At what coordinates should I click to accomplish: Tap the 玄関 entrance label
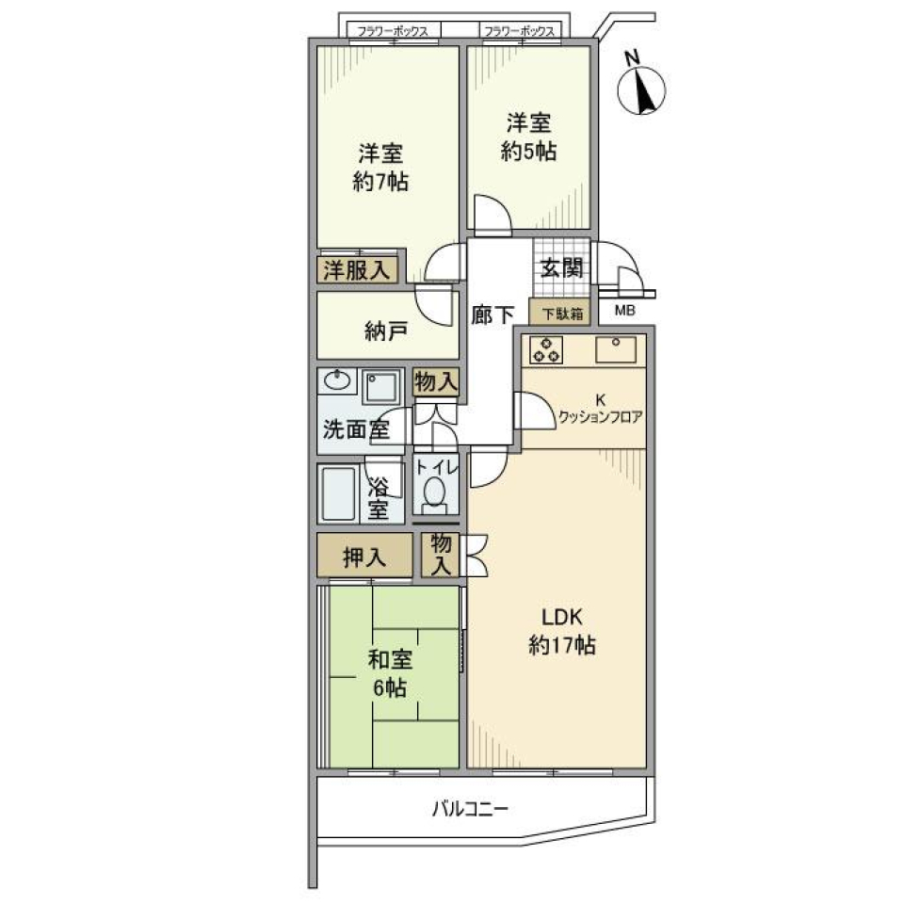click(561, 267)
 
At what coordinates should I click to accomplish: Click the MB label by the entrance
click(624, 311)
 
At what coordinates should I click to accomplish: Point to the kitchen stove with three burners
click(546, 348)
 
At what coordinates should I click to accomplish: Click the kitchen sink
click(616, 348)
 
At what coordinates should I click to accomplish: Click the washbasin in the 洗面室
click(337, 381)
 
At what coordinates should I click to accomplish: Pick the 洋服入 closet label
click(357, 269)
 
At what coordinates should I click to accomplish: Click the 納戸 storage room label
click(386, 331)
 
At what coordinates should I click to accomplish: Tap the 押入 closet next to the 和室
click(363, 557)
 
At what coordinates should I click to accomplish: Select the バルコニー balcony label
click(471, 808)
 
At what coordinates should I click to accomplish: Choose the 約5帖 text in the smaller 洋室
click(528, 151)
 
